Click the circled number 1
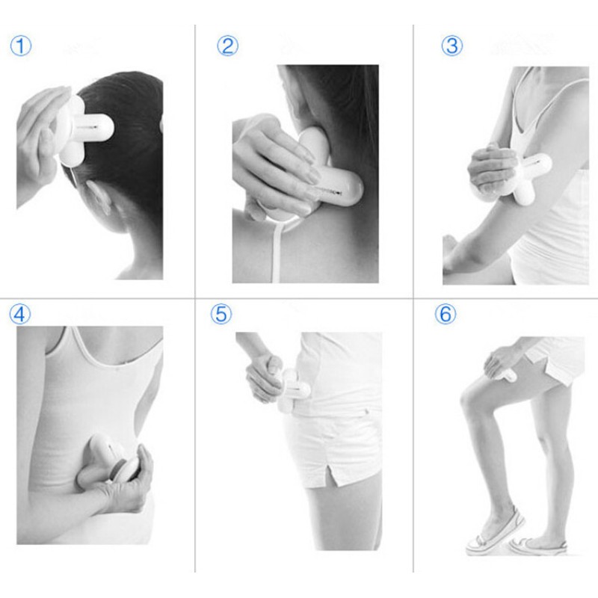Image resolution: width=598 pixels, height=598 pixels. pyautogui.click(x=21, y=46)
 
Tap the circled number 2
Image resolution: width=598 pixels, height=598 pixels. pyautogui.click(x=228, y=46)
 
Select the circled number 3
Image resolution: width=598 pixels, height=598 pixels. pyautogui.click(x=452, y=46)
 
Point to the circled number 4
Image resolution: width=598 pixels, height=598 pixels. pyautogui.click(x=20, y=314)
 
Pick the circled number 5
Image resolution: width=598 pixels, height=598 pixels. pyautogui.click(x=221, y=314)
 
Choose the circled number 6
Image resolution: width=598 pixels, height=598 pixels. pyautogui.click(x=446, y=314)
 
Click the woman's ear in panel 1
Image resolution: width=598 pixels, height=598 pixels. pyautogui.click(x=98, y=197)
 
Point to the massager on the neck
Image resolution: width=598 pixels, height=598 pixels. pyautogui.click(x=316, y=176)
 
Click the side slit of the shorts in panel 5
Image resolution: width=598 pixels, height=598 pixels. pyautogui.click(x=331, y=475)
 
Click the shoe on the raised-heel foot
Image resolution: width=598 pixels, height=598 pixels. pyautogui.click(x=496, y=532)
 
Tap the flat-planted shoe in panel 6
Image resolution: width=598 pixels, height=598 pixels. pyautogui.click(x=537, y=546)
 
